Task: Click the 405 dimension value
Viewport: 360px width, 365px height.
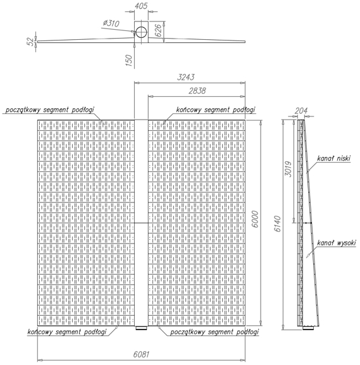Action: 141,6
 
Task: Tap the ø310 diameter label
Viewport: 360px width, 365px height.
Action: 111,23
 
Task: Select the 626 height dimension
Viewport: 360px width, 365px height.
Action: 158,30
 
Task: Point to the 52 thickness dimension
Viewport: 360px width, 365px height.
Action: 30,42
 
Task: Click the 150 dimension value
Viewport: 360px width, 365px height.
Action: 129,60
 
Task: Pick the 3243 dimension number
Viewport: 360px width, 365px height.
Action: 185,77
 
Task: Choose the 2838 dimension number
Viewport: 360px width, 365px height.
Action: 197,91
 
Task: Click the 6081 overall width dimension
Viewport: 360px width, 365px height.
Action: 141,354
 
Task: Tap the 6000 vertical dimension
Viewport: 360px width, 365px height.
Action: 255,219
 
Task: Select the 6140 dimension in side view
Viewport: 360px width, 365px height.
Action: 278,224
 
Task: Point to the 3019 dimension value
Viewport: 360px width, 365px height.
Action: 289,169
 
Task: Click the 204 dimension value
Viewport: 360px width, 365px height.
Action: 301,111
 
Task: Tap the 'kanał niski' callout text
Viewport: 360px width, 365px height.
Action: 333,158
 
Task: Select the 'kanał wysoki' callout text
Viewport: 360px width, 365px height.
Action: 337,243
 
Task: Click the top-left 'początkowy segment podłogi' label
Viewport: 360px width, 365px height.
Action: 49,109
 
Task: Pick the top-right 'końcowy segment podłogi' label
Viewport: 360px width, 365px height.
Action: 215,109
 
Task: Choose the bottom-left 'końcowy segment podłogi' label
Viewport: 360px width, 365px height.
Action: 67,331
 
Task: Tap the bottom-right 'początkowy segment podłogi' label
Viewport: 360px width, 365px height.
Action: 214,331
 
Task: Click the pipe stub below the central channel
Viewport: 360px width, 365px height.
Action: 141,328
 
